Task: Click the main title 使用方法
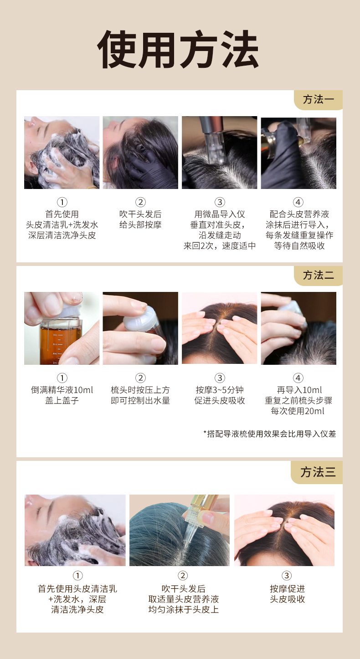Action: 178,49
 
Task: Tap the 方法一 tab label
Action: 319,99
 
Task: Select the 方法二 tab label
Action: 319,276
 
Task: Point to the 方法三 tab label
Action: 318,472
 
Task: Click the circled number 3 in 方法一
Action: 220,202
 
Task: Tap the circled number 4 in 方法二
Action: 298,378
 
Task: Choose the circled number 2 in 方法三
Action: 183,576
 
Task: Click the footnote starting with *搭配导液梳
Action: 270,434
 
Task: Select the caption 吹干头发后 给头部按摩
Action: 140,220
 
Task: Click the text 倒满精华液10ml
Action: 62,390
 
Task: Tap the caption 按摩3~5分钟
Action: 220,390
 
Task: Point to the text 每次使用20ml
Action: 298,411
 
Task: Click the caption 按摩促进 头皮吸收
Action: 287,594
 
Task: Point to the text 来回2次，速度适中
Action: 220,245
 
